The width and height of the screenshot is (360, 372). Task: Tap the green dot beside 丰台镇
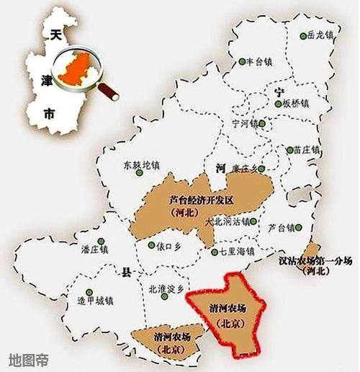click(x=243, y=61)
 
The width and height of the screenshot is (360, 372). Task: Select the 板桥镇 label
click(x=295, y=103)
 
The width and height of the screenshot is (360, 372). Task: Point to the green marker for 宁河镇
click(x=262, y=123)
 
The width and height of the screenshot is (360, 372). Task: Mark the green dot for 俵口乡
click(x=153, y=245)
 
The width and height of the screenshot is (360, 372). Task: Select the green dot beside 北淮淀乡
click(x=163, y=288)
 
